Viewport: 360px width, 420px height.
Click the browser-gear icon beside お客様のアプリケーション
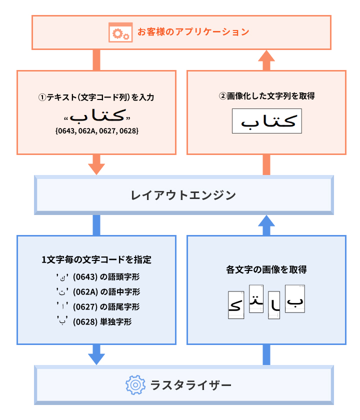[x=119, y=32]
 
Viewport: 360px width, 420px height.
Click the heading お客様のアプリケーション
[x=193, y=32]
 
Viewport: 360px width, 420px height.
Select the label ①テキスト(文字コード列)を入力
[x=96, y=97]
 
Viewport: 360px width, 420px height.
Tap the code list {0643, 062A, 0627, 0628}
[x=96, y=131]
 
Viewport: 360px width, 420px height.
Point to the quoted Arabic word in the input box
[x=96, y=116]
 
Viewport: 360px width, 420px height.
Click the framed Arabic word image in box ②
[x=267, y=121]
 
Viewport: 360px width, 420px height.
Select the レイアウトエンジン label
[x=183, y=195]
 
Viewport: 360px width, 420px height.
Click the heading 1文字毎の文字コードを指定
[x=96, y=259]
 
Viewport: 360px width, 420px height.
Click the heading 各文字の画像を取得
[x=266, y=269]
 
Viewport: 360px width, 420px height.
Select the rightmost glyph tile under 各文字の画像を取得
[x=295, y=299]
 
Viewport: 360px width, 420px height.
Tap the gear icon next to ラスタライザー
[x=134, y=385]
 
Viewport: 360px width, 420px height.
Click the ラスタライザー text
[x=191, y=385]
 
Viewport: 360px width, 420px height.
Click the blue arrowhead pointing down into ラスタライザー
[x=96, y=357]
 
